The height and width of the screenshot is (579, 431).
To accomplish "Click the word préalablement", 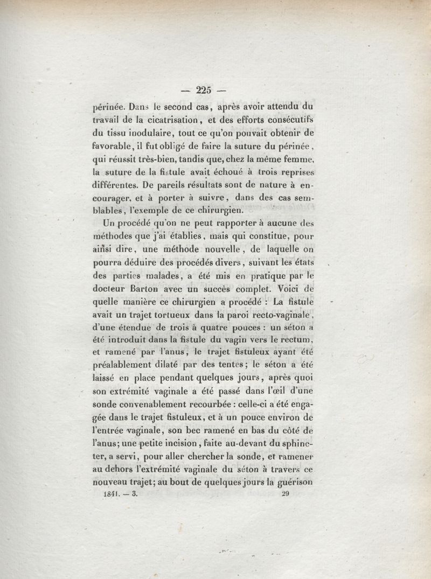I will point(124,366).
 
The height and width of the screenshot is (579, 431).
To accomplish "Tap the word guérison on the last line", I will point(293,483).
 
